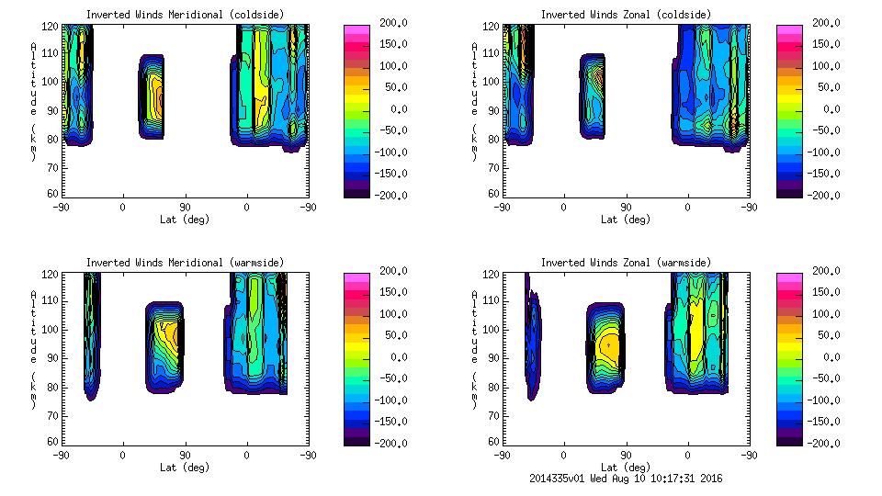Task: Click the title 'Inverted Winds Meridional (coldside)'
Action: point(186,15)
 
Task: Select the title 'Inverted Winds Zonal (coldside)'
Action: point(626,15)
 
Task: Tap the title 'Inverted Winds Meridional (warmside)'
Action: point(186,263)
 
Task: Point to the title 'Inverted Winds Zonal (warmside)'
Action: point(626,263)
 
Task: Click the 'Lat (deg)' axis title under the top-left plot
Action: point(186,220)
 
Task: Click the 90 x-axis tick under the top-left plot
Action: point(185,207)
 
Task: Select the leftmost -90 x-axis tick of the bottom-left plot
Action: point(61,455)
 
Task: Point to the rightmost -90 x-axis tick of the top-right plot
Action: point(749,207)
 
